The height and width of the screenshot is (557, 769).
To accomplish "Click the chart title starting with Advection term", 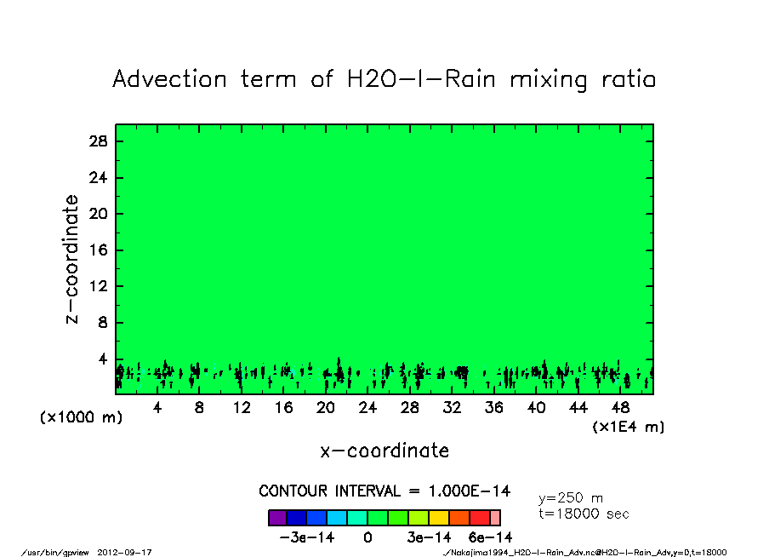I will (384, 79).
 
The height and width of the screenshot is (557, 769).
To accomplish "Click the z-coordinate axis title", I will (73, 259).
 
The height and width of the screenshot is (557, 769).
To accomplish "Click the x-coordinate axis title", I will (384, 451).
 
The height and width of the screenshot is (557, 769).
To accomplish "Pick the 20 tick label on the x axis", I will (326, 408).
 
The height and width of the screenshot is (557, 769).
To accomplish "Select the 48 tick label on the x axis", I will (620, 408).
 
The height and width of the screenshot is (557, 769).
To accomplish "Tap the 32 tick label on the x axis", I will (452, 408).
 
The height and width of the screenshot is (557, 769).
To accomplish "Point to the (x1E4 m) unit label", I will (629, 426).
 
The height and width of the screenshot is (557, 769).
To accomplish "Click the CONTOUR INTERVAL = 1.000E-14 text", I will (384, 491).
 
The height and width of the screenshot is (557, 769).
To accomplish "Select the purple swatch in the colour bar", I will (277, 517).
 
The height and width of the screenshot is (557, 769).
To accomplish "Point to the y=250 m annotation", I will (571, 497).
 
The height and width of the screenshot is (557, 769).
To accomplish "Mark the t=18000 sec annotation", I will (584, 514).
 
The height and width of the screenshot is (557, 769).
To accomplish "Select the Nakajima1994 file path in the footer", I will (585, 552).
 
